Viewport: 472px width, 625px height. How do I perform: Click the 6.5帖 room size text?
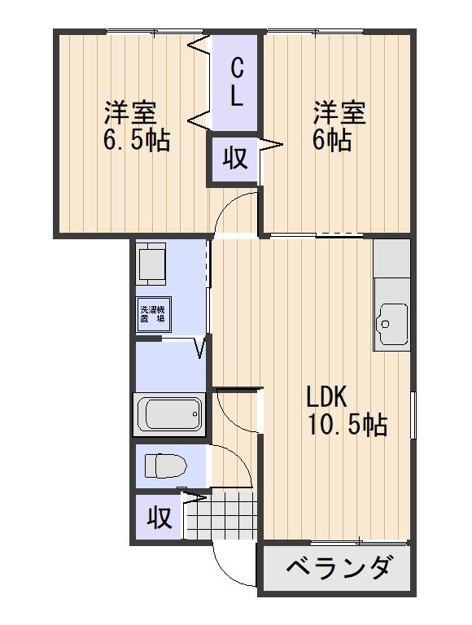tap(136, 141)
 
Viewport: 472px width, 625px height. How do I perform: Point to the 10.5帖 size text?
tap(346, 424)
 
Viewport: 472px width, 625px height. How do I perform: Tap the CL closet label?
tap(236, 81)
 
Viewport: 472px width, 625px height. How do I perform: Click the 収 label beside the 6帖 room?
tap(235, 158)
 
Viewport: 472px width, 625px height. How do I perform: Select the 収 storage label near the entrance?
tap(159, 518)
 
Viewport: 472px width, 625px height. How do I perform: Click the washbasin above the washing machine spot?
tap(152, 262)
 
